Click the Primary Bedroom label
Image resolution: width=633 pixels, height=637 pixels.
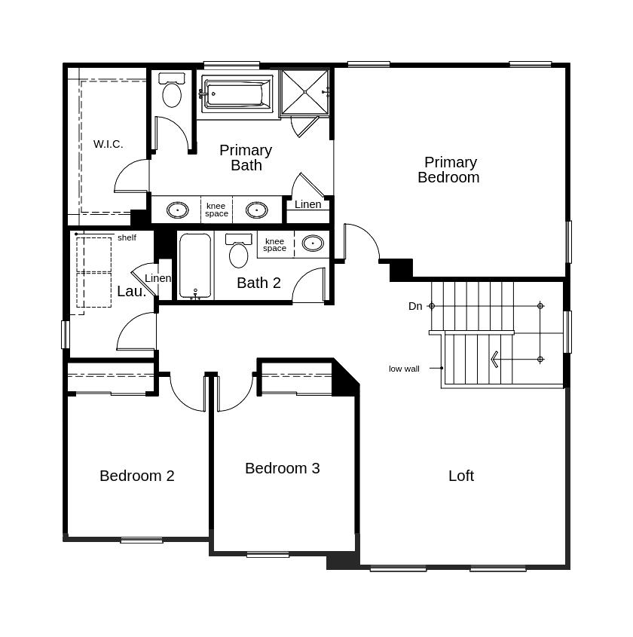[x=449, y=170]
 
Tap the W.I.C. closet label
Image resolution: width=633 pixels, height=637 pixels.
[x=108, y=144]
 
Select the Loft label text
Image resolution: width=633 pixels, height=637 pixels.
[x=460, y=476]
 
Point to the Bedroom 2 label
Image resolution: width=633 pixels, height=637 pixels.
[x=136, y=476]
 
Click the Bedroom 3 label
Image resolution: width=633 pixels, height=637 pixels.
[x=282, y=468]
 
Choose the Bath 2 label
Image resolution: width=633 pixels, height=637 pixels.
[x=258, y=283]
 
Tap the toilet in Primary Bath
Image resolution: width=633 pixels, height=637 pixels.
[x=172, y=91]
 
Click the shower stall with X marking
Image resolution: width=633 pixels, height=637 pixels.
[x=305, y=92]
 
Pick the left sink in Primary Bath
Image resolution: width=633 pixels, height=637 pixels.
[x=177, y=210]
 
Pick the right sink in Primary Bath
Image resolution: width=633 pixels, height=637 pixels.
[x=256, y=210]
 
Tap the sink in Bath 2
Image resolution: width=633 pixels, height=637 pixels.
[x=313, y=243]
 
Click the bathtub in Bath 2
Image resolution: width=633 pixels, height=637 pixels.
[x=195, y=266]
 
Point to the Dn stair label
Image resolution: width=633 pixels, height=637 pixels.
[x=415, y=306]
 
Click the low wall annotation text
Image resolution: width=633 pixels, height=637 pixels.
[x=404, y=369]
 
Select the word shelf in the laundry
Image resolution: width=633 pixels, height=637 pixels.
[x=127, y=237]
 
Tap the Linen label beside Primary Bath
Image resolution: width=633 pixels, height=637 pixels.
[x=307, y=204]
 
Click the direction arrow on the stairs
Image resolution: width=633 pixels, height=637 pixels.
[x=495, y=360]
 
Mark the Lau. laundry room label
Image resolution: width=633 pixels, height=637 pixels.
[x=131, y=291]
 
